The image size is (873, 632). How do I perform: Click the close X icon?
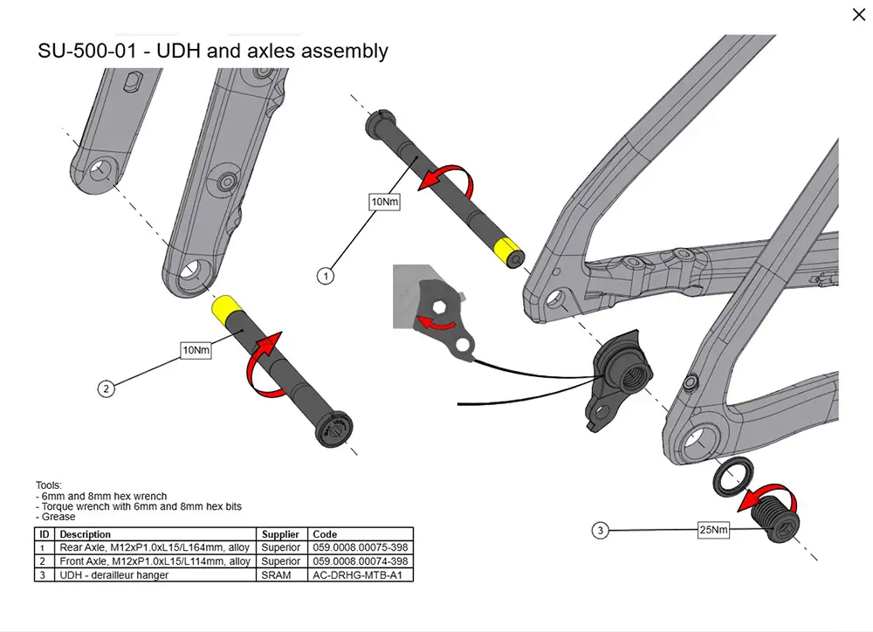coord(858,15)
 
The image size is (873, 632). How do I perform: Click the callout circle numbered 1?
coord(326,276)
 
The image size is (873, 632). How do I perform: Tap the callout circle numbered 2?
coord(107,388)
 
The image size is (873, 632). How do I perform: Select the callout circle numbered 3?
coord(601,530)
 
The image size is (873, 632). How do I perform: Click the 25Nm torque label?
coord(713,530)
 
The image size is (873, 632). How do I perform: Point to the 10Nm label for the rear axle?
coord(385,202)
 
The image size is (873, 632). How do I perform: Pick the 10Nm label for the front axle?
coord(196,350)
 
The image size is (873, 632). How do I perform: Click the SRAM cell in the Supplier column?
coord(276,575)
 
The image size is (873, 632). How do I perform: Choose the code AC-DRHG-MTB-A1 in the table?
coord(357,575)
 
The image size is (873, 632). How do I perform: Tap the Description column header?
coord(86,534)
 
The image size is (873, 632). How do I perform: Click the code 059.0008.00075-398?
coord(361,547)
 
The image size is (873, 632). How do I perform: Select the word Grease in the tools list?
coord(58,517)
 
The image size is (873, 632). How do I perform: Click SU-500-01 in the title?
coord(86,51)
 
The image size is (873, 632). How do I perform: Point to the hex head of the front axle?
coord(334,429)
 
